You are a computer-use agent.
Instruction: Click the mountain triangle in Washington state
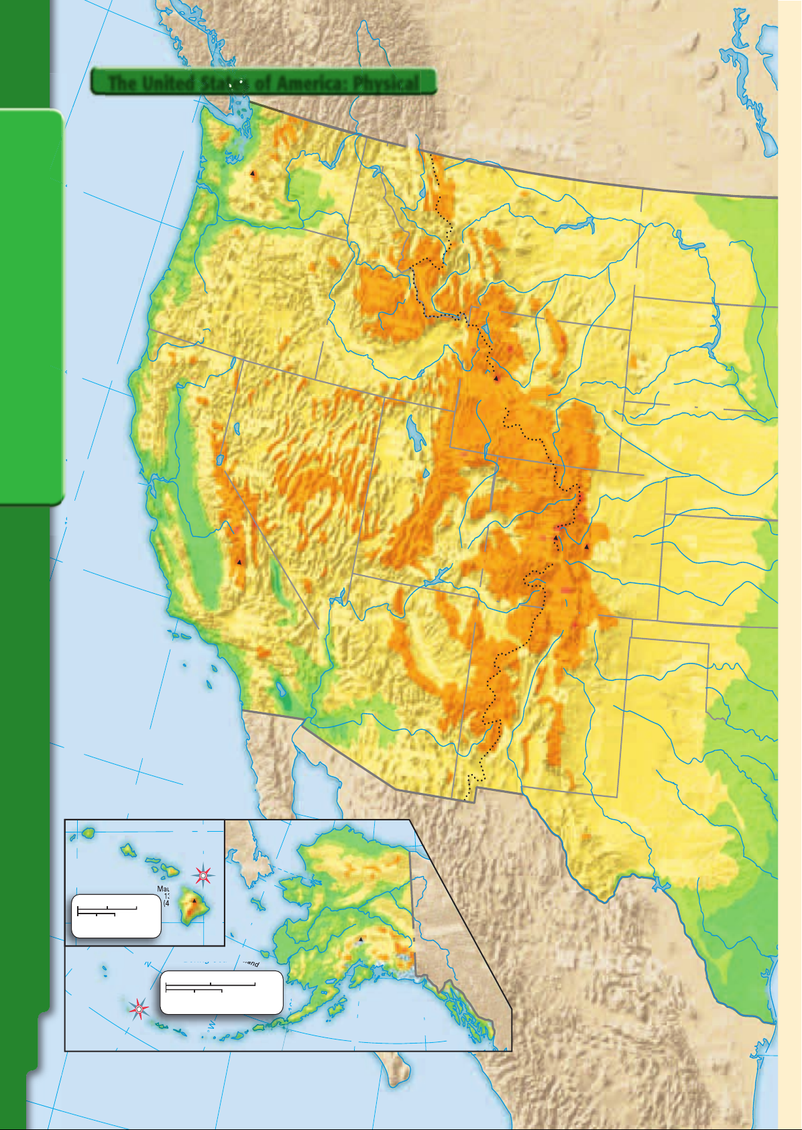[x=253, y=173]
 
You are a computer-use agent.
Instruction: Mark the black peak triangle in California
[x=239, y=562]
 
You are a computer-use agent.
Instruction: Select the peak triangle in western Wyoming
[x=496, y=379]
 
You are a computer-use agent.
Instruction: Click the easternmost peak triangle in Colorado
[x=587, y=547]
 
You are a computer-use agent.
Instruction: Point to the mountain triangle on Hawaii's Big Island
[x=195, y=901]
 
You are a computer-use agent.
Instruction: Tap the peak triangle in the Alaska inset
[x=360, y=939]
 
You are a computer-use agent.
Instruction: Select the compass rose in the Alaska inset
[x=139, y=1008]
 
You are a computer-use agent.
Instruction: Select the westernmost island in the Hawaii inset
[x=88, y=832]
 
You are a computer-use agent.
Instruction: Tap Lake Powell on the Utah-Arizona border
[x=439, y=576]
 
